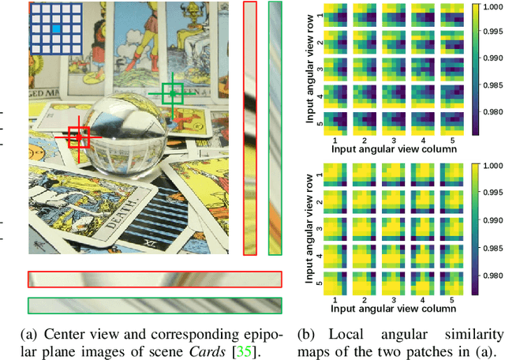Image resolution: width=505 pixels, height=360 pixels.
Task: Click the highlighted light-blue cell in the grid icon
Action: click(56, 29)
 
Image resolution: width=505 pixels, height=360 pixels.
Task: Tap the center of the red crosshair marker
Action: click(78, 137)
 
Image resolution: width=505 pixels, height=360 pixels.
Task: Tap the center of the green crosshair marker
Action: click(172, 94)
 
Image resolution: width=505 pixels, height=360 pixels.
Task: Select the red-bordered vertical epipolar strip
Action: click(250, 128)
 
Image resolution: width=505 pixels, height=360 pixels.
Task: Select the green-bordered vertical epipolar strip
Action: click(275, 128)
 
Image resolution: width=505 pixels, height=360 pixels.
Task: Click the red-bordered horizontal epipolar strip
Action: click(154, 279)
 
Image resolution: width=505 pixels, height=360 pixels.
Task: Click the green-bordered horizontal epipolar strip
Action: click(154, 306)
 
